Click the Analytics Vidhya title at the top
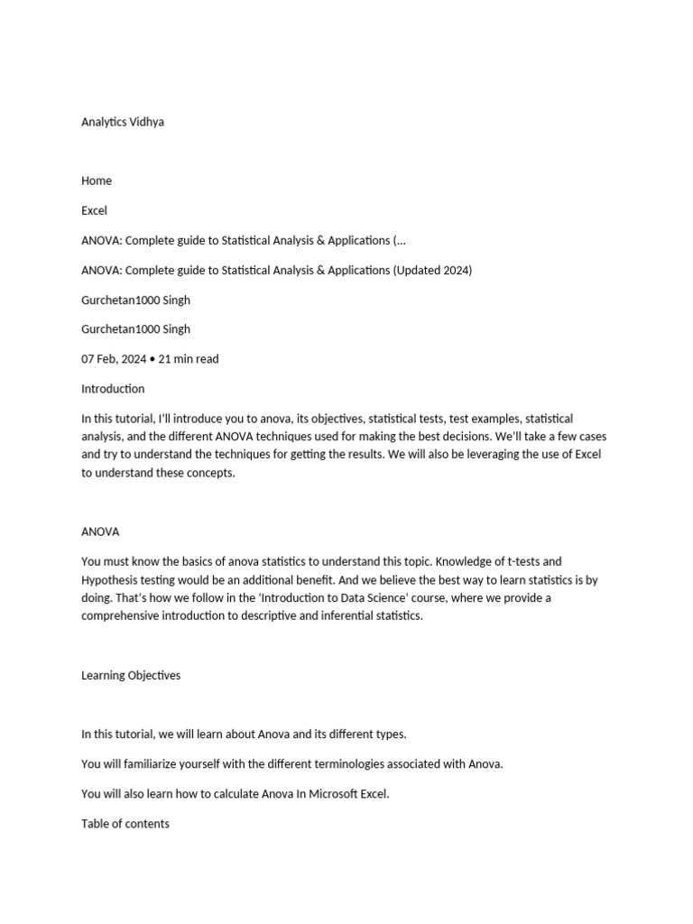pyautogui.click(x=123, y=122)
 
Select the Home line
pyautogui.click(x=97, y=180)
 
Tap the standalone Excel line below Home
pyautogui.click(x=94, y=210)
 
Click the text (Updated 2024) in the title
pyautogui.click(x=432, y=270)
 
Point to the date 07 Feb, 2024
pyautogui.click(x=114, y=358)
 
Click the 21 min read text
pyautogui.click(x=189, y=358)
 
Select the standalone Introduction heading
pyautogui.click(x=113, y=389)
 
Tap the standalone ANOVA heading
pyautogui.click(x=100, y=531)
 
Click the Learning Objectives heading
pyautogui.click(x=131, y=675)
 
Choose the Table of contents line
pyautogui.click(x=125, y=823)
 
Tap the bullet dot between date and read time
pyautogui.click(x=152, y=359)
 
